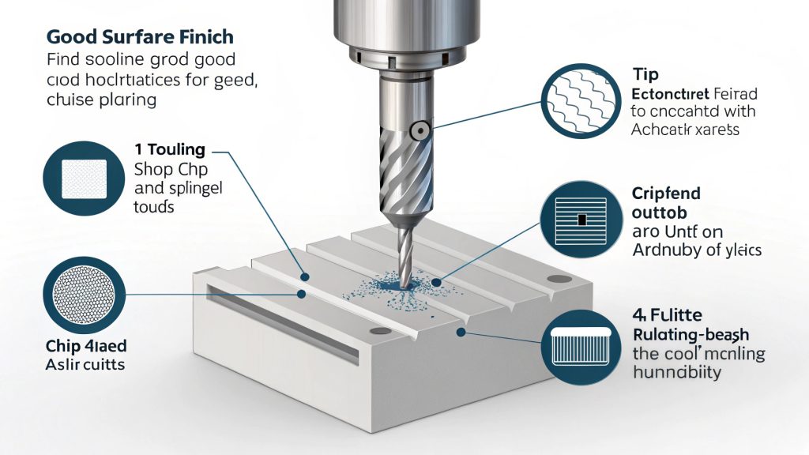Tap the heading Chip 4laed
point(85,348)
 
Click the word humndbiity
point(677,373)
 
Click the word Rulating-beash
point(690,334)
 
